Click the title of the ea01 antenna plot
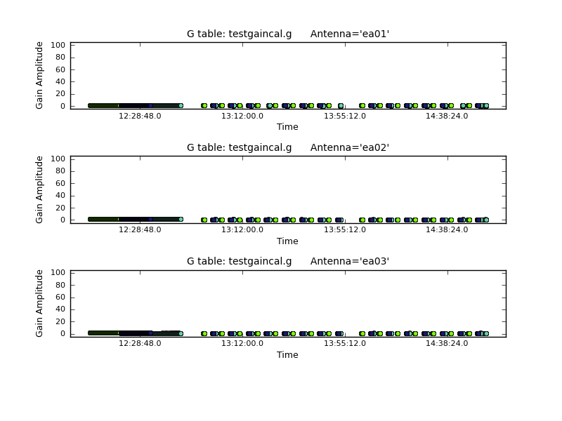[288, 34]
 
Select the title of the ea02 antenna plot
[288, 147]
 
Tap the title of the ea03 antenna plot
[288, 261]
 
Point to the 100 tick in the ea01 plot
[58, 45]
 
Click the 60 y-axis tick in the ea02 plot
[60, 183]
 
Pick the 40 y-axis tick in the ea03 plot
[60, 309]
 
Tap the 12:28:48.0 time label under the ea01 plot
[140, 116]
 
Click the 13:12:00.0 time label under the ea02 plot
[242, 229]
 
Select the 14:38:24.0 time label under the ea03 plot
[447, 343]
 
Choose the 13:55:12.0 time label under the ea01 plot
[345, 116]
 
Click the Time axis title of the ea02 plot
[287, 241]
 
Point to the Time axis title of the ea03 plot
[287, 355]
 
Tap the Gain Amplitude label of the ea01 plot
[39, 75]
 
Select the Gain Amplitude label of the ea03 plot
[39, 303]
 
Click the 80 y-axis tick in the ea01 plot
[60, 58]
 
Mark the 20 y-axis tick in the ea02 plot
[60, 208]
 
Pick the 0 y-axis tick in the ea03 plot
[63, 334]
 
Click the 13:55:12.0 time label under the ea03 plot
[345, 343]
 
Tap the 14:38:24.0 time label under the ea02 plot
[447, 229]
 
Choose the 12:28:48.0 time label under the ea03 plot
[140, 343]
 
